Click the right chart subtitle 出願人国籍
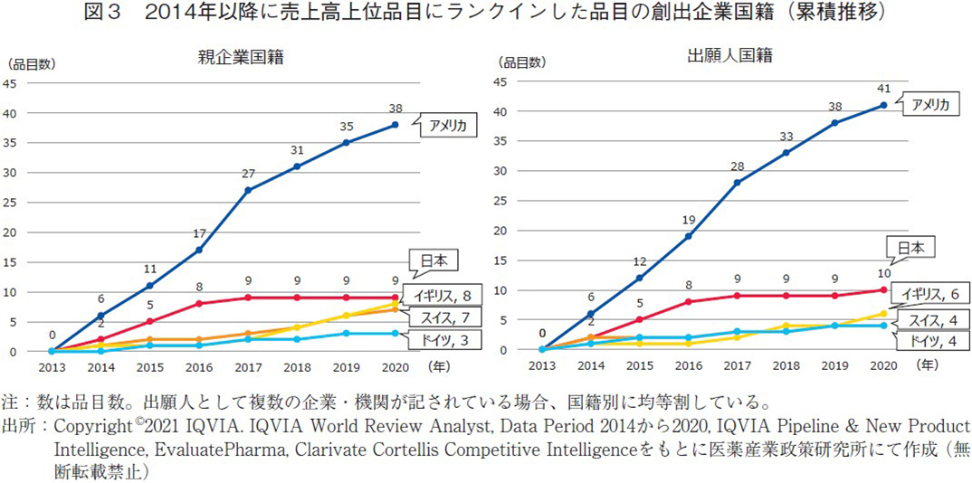(x=729, y=56)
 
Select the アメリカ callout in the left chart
(x=447, y=127)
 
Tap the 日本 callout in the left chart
(x=434, y=262)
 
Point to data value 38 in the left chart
(x=396, y=108)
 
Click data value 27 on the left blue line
(x=247, y=173)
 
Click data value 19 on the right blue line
(x=688, y=219)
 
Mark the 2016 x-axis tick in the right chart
(x=688, y=366)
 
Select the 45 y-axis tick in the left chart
(x=11, y=84)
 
